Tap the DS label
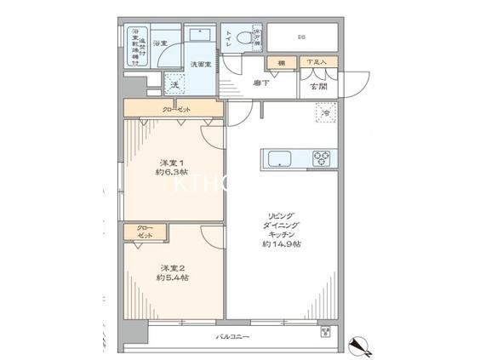tap(300, 37)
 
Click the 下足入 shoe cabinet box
tap(317, 63)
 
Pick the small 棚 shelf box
tap(279, 63)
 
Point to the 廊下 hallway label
tap(262, 83)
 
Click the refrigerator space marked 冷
tap(325, 111)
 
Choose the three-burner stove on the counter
tap(323, 157)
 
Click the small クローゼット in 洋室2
tap(146, 232)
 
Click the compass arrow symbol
tap(357, 346)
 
